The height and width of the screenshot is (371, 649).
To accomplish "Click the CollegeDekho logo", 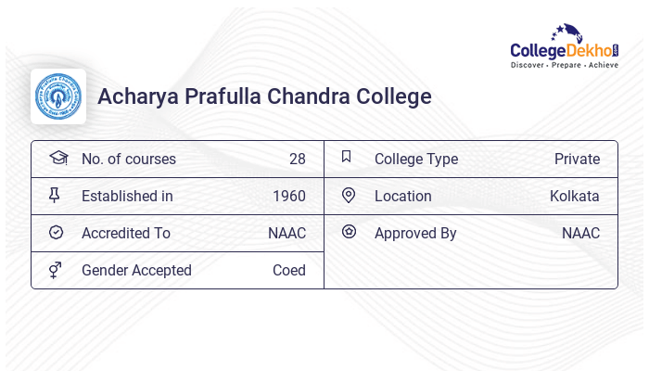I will tap(565, 47).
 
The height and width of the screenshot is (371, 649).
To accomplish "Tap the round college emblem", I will tap(58, 96).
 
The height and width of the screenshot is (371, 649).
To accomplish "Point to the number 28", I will tap(297, 159).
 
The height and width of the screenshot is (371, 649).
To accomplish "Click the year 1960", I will tap(289, 196).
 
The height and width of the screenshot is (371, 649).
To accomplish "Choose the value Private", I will tap(577, 159).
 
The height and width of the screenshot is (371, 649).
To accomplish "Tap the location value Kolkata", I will tap(574, 196).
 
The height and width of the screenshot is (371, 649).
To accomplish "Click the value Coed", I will tap(288, 270).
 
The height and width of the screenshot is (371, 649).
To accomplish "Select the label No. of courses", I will tap(129, 159).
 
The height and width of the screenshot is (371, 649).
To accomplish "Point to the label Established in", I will tap(127, 196).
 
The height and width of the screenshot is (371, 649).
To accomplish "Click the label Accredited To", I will tap(126, 233).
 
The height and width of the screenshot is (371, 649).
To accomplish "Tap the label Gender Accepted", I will tap(136, 270).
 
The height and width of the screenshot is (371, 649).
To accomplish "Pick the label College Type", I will tap(416, 159).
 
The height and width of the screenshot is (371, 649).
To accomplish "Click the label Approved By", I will tap(415, 233).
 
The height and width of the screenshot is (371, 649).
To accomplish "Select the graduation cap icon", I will tap(57, 158).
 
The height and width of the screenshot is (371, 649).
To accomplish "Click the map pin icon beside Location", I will tap(349, 195).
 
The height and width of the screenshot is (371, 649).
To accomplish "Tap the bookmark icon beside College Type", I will tap(347, 157).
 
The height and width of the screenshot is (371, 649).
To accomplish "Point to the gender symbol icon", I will tap(57, 270).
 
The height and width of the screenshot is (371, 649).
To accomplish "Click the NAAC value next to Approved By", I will tap(580, 233).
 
